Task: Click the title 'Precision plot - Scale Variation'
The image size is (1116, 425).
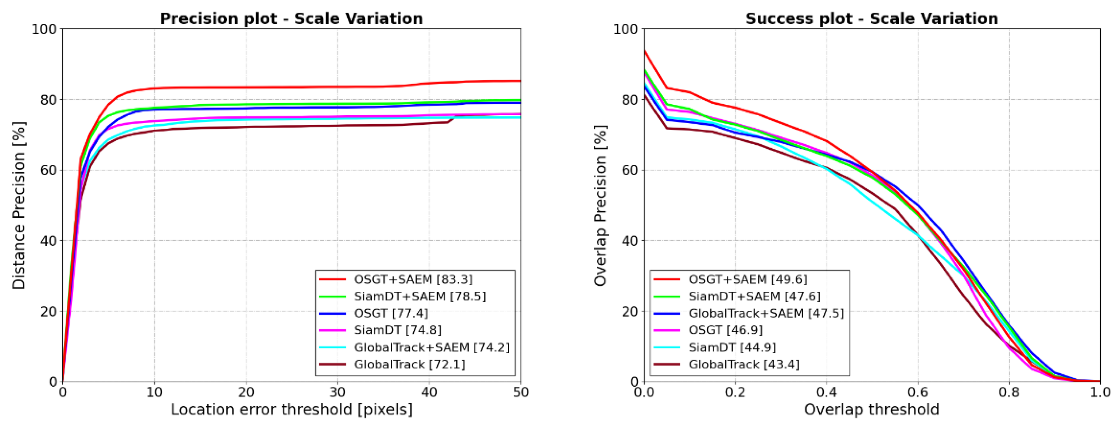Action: click(291, 19)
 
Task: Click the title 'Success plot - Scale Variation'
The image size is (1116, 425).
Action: click(872, 19)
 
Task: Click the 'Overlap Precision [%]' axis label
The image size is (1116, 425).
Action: click(600, 205)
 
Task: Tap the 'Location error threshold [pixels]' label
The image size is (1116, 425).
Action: click(291, 410)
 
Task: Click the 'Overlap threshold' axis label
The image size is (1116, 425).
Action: click(872, 410)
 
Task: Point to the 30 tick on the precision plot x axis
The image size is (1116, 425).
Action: click(338, 393)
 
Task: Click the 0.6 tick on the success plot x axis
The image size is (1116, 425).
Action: click(918, 393)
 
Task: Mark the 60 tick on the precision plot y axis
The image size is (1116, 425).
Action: click(48, 170)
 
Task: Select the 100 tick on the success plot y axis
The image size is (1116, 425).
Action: click(625, 29)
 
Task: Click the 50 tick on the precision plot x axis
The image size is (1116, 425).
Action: click(520, 393)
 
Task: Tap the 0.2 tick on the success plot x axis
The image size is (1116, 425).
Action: click(735, 393)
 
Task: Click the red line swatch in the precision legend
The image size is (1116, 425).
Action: click(333, 279)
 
